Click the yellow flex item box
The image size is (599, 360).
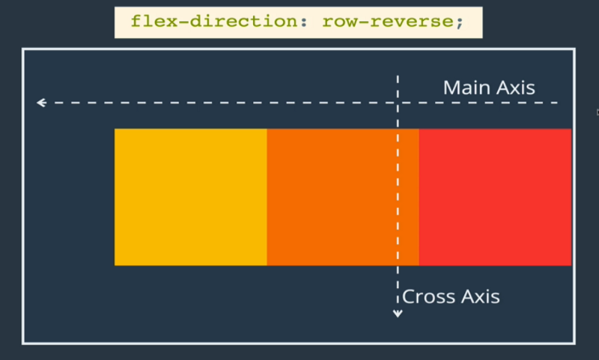(x=191, y=197)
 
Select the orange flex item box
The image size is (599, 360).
(x=343, y=197)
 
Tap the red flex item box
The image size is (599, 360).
(x=495, y=197)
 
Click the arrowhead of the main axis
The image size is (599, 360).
(x=41, y=103)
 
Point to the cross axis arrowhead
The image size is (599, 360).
(x=398, y=314)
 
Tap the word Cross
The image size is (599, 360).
(x=429, y=296)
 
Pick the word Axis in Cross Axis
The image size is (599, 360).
(x=481, y=296)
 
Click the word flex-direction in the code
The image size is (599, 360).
(x=214, y=22)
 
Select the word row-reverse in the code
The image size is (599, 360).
(x=388, y=22)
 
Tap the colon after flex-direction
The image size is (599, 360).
(x=304, y=22)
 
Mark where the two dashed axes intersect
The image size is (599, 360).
(x=398, y=103)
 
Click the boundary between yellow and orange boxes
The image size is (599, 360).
(x=267, y=197)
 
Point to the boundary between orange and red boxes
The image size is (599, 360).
(x=419, y=197)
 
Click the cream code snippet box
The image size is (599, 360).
(x=298, y=22)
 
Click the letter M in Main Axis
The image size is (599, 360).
(x=451, y=88)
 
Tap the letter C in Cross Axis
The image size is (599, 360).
(x=409, y=296)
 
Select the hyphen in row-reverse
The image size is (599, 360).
(x=365, y=22)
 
